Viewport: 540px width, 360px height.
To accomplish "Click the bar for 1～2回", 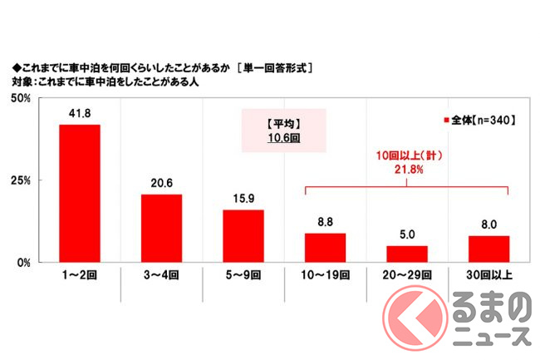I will (80, 193).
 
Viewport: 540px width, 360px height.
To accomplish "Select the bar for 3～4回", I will (161, 228).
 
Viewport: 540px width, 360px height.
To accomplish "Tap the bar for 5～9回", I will (243, 235).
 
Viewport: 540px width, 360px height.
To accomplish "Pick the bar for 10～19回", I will (325, 247).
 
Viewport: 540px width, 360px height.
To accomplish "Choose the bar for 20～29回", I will (406, 254).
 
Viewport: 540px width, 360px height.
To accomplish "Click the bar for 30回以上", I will (488, 249).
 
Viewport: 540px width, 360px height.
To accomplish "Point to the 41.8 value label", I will (80, 114).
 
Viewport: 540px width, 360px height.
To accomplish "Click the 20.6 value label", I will (161, 184).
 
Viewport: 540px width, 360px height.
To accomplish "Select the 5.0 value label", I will (406, 235).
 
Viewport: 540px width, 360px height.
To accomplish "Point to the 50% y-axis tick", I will (21, 99).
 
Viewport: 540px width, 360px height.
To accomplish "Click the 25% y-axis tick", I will (21, 180).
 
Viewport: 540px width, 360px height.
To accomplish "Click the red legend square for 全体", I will (446, 120).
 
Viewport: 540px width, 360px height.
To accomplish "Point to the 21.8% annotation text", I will (407, 169).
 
